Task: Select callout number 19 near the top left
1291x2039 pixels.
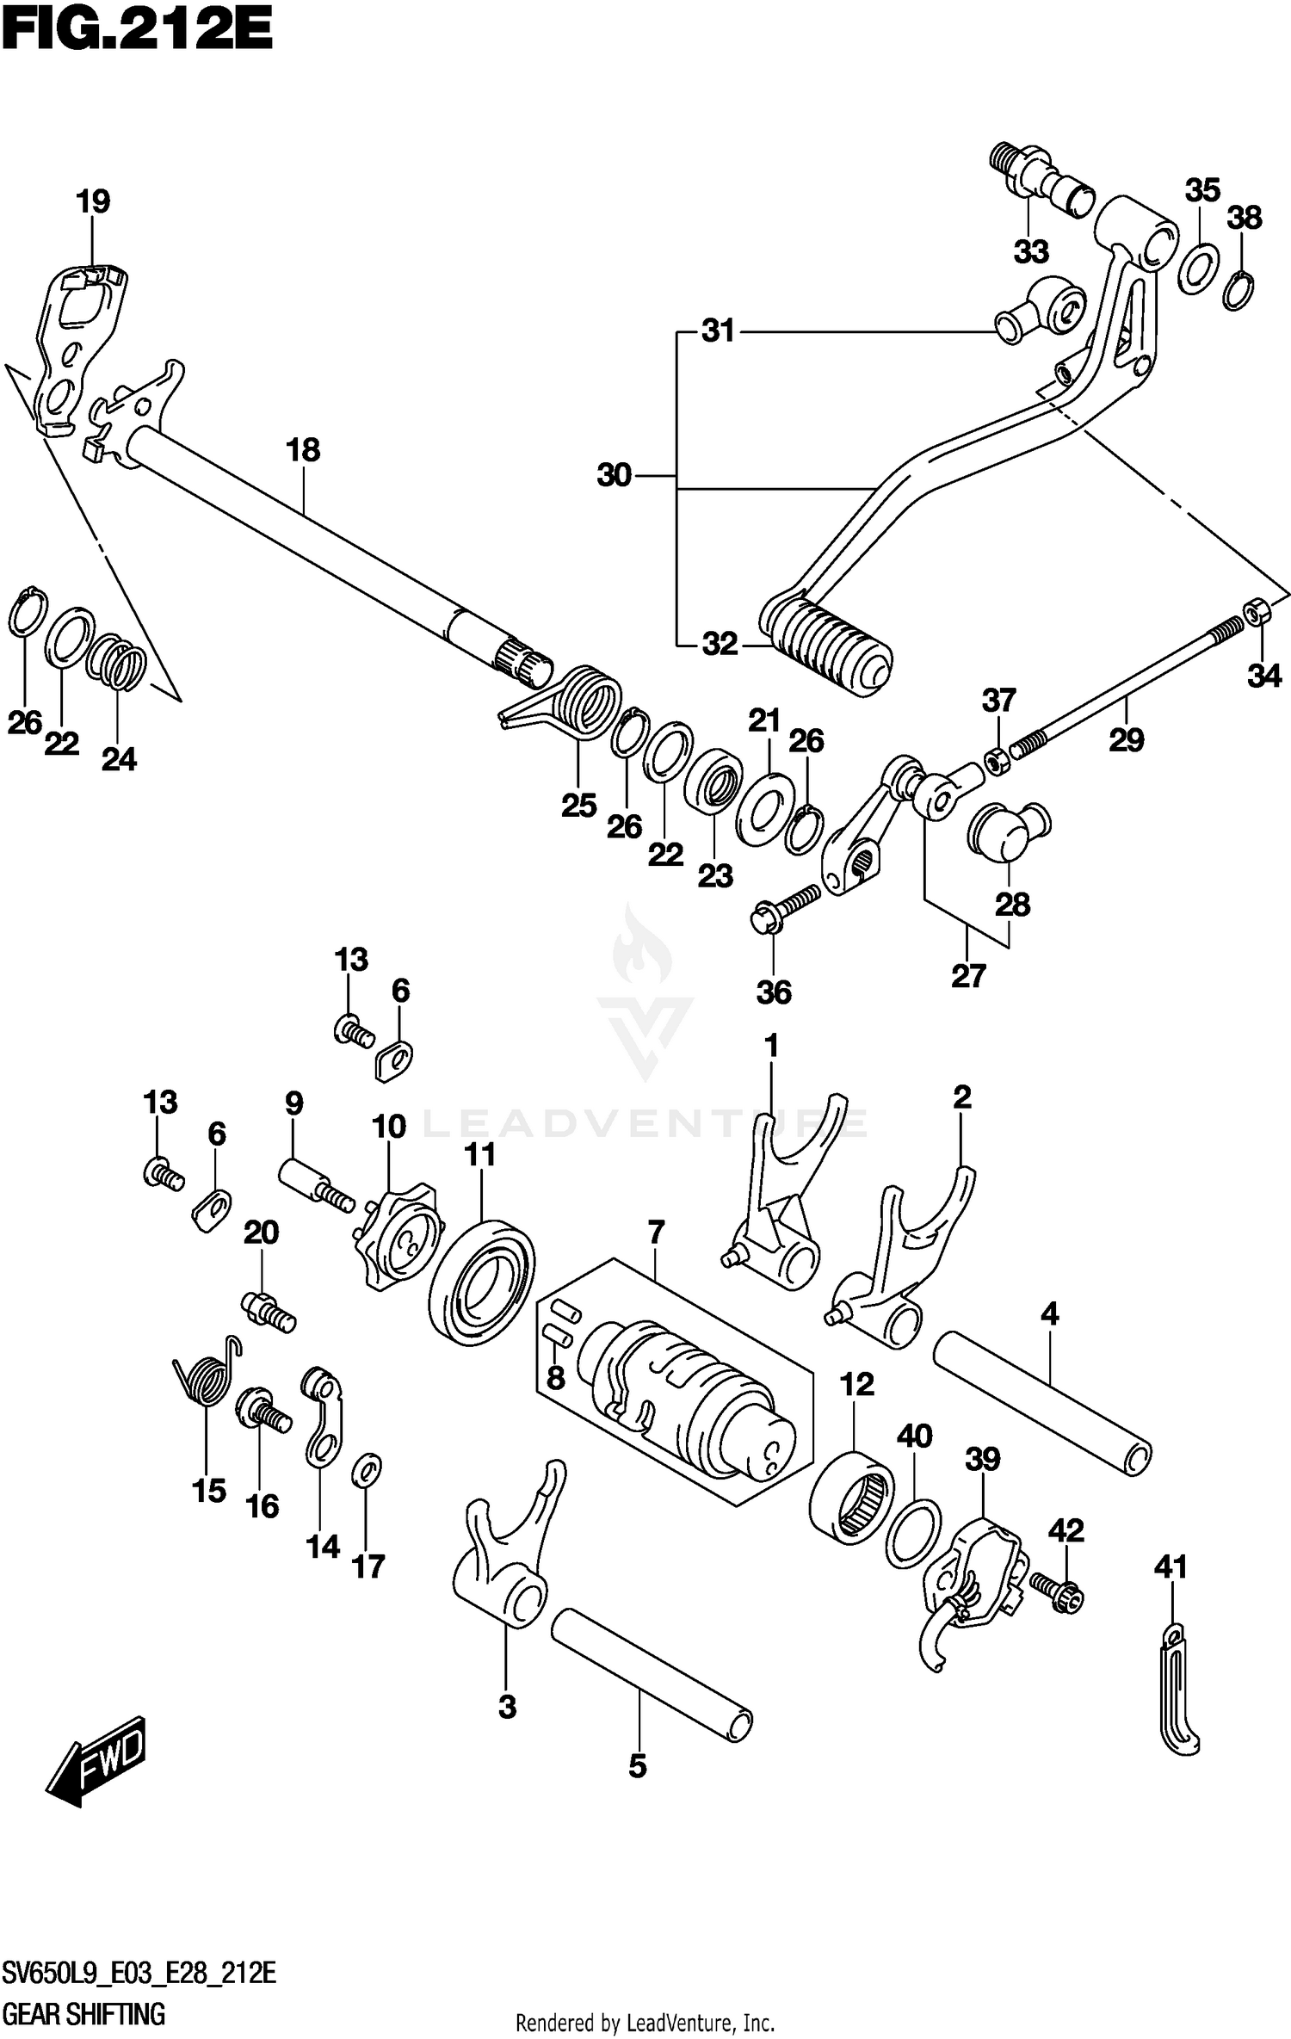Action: coord(93,201)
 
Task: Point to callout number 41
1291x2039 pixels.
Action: coord(1171,1567)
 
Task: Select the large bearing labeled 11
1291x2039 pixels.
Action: coord(480,1280)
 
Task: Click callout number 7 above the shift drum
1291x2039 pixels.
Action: coord(656,1233)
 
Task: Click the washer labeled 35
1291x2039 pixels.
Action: coord(1197,268)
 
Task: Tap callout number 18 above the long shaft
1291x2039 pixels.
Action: coord(303,449)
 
